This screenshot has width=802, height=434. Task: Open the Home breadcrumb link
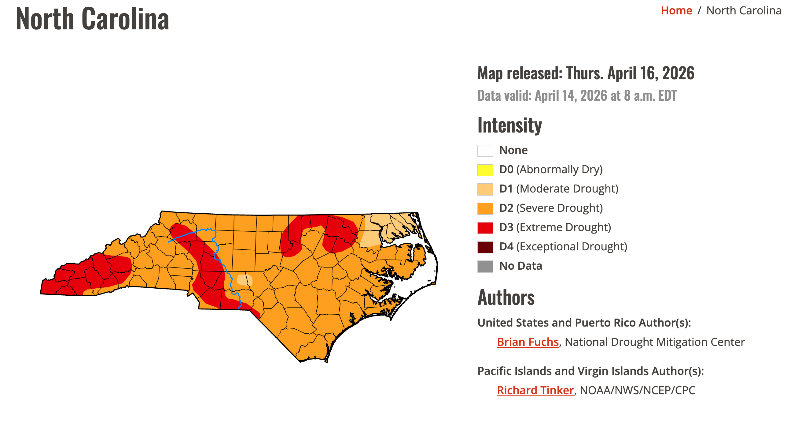tap(676, 11)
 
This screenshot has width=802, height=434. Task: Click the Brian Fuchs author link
tap(528, 342)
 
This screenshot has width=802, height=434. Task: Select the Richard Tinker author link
tap(535, 390)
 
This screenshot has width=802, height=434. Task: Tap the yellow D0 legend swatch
tap(485, 170)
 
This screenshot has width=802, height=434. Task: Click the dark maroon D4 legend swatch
tap(485, 247)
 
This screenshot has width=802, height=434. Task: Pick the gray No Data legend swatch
tap(485, 266)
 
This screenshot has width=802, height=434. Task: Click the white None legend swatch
tap(485, 151)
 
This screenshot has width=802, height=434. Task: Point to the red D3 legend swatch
tap(485, 228)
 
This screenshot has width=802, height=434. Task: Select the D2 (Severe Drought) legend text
tap(550, 208)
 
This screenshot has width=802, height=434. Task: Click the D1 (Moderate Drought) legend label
tap(558, 189)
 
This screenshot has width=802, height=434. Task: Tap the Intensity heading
tap(509, 125)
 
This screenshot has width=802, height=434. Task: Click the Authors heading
tap(506, 297)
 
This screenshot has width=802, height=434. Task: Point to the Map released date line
tap(585, 73)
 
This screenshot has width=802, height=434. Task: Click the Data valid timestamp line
tap(577, 96)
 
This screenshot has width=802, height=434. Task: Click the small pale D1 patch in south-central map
tap(244, 280)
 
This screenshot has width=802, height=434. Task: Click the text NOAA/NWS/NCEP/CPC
tap(637, 390)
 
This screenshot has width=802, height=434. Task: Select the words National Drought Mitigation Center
tap(654, 342)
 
